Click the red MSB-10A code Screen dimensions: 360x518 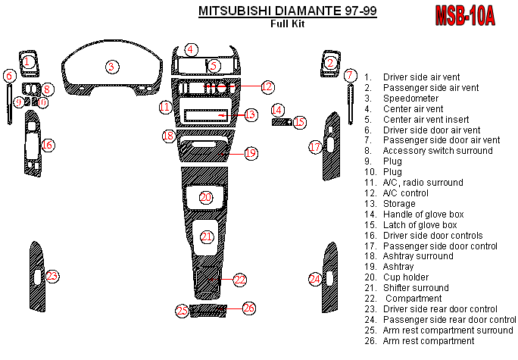pos(464,15)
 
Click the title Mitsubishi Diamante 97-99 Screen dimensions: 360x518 pos(287,11)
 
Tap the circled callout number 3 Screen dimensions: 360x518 pos(111,67)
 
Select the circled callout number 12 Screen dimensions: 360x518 pos(267,87)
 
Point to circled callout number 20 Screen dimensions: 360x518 pos(206,197)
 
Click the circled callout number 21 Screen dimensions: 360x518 pos(207,237)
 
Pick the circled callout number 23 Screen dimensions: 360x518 pos(51,277)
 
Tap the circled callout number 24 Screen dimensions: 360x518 pos(314,280)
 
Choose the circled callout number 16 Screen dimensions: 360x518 pos(47,145)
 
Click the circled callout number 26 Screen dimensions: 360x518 pos(248,308)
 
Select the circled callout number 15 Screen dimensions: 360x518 pos(299,121)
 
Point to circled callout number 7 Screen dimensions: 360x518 pos(349,75)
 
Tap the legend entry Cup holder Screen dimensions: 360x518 pos(405,277)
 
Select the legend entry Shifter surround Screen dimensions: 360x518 pos(417,288)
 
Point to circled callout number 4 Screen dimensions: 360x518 pos(192,49)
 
